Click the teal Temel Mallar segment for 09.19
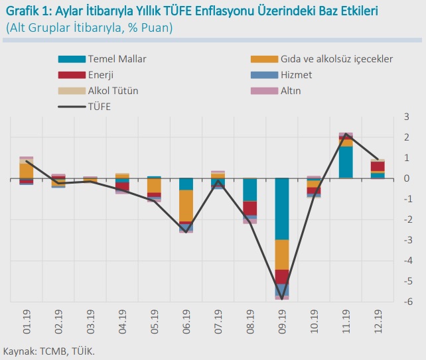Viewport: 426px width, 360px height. point(282,209)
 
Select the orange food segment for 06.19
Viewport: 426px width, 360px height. point(186,206)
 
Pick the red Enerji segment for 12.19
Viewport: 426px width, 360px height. point(378,166)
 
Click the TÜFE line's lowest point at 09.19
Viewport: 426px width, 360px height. point(282,299)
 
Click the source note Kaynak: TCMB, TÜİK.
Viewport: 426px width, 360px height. point(50,351)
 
